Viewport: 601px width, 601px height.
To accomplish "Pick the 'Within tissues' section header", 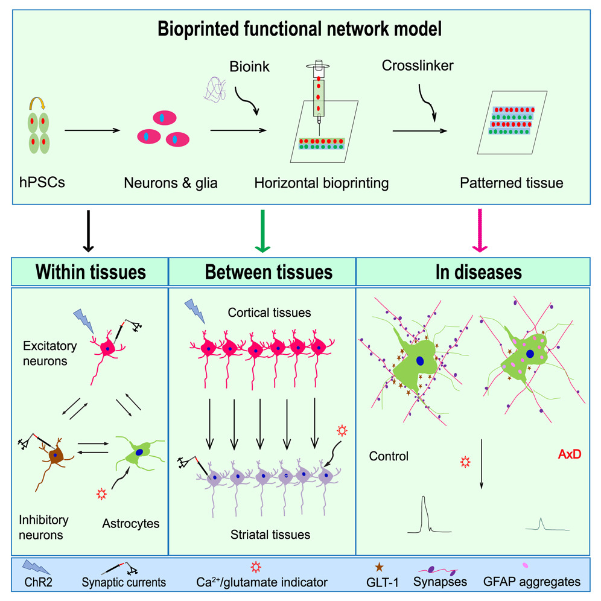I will pyautogui.click(x=90, y=272).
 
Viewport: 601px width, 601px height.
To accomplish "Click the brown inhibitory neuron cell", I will pyautogui.click(x=58, y=455).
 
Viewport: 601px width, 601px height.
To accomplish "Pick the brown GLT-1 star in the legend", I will pyautogui.click(x=379, y=567).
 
